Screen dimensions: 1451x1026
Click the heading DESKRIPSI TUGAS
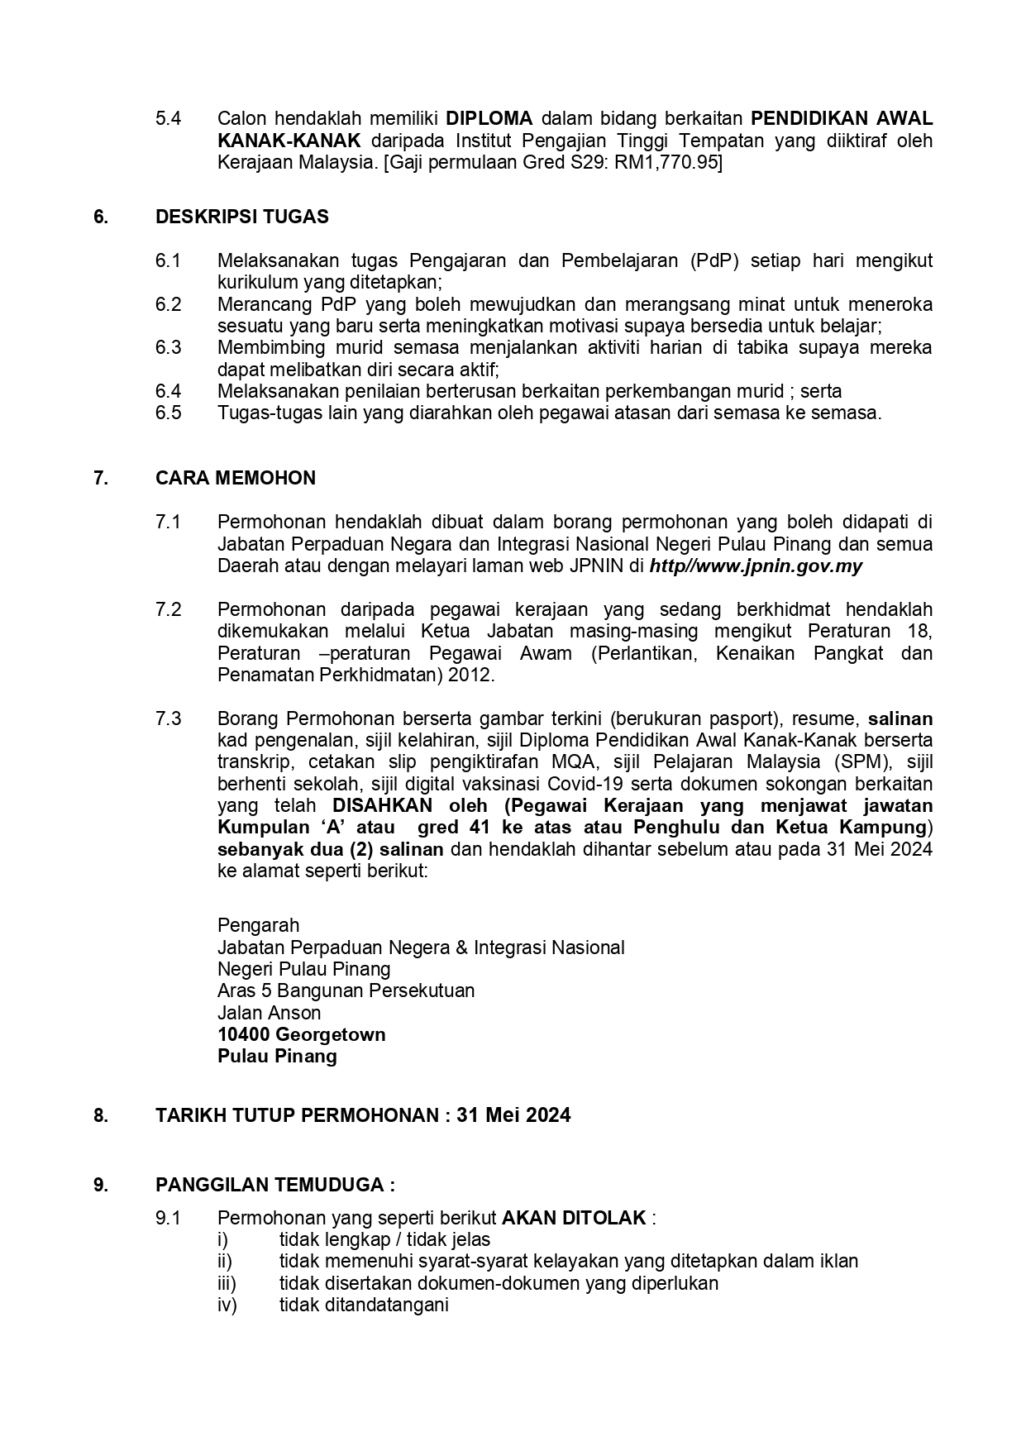[241, 217]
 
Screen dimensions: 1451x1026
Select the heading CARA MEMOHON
[236, 478]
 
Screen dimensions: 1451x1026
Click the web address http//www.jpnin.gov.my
[756, 566]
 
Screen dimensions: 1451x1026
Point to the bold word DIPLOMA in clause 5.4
[489, 118]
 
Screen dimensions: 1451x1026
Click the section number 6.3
[168, 347]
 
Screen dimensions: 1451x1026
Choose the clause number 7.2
[168, 610]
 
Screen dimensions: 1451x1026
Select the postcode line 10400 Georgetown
[301, 1035]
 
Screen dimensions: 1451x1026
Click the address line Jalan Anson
[269, 1013]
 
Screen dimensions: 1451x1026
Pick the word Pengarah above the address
[258, 925]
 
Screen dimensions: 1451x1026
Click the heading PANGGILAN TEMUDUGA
[274, 1185]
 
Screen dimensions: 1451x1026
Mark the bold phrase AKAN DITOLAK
[574, 1218]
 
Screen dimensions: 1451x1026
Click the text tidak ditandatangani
[364, 1305]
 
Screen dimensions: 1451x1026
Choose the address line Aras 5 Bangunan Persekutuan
[346, 990]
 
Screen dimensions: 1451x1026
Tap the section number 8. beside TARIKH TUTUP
[100, 1115]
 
